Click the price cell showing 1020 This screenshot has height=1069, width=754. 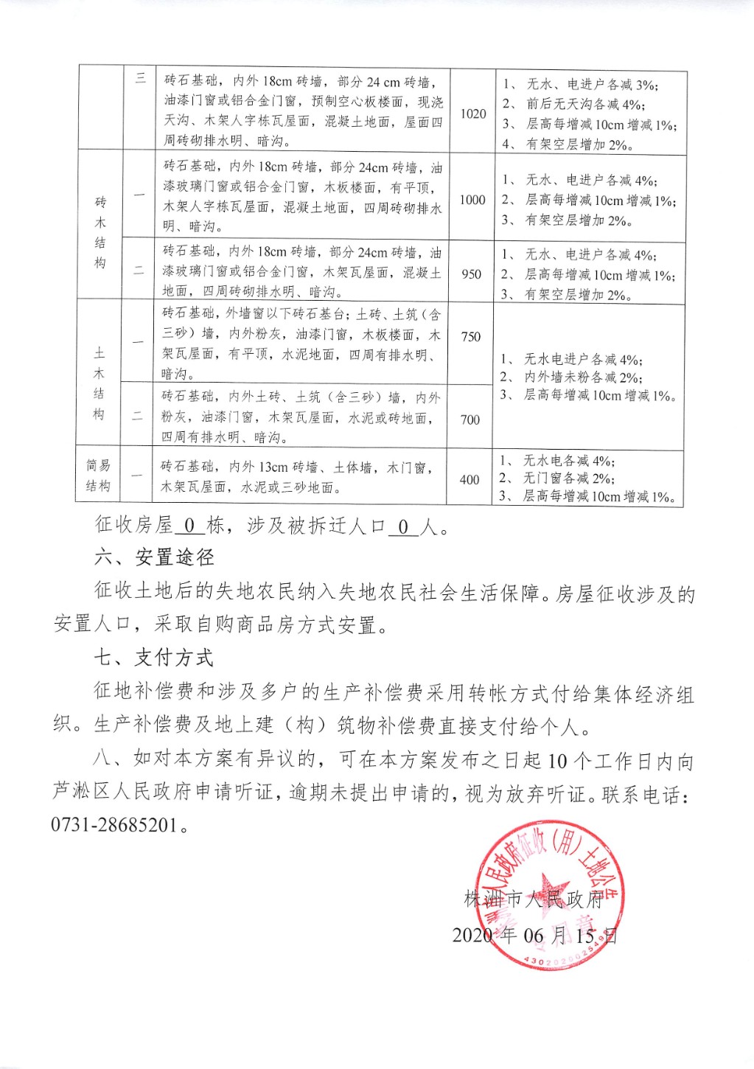coord(473,114)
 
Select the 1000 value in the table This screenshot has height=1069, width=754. coord(472,200)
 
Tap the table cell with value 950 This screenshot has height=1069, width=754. coord(471,274)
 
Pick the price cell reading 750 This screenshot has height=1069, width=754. coord(470,337)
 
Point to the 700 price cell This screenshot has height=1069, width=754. coord(469,419)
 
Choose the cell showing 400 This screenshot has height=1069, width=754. coord(469,479)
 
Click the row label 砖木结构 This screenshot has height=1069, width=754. coord(100,232)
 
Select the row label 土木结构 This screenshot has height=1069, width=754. coord(100,383)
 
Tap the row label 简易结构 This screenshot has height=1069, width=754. coord(98,476)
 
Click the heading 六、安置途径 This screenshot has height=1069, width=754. coord(154,557)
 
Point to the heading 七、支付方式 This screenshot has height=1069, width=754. coord(154,658)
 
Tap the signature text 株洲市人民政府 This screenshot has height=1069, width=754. coord(534,899)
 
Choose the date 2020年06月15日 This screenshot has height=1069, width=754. coord(534,936)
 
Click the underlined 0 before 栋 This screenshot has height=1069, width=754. coord(189,526)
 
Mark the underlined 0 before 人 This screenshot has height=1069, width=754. coord(403,526)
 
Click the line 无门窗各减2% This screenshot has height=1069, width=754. coord(567,478)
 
